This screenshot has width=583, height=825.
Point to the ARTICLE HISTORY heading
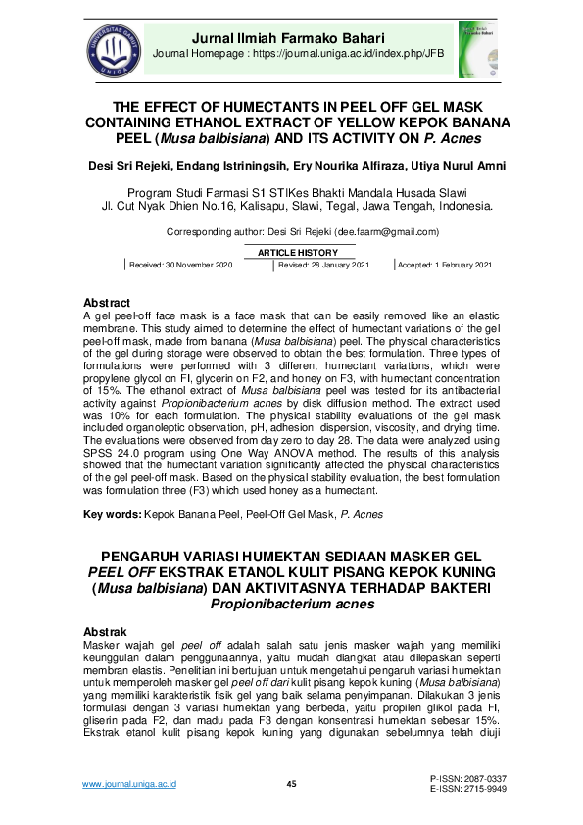(x=291, y=253)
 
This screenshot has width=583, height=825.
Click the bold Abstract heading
(x=107, y=303)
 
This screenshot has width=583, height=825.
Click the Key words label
(x=112, y=514)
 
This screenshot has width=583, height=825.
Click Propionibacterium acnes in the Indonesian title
(x=291, y=605)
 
